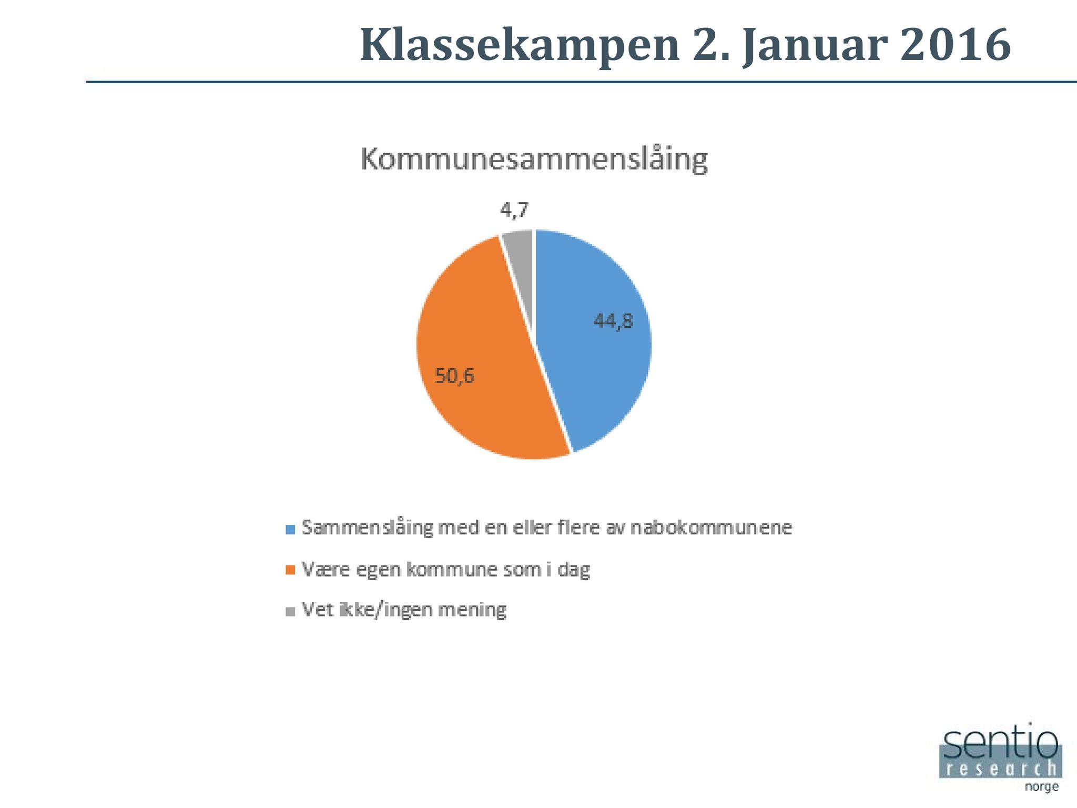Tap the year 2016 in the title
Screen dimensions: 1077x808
pyautogui.click(x=956, y=44)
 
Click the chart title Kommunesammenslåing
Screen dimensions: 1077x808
pyautogui.click(x=534, y=159)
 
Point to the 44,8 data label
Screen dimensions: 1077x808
pyautogui.click(x=613, y=321)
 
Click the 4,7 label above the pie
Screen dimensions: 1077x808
pyautogui.click(x=514, y=210)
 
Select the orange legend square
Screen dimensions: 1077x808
pyautogui.click(x=290, y=570)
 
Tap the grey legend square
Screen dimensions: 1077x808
pyautogui.click(x=290, y=611)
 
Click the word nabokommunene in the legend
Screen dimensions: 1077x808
pyautogui.click(x=711, y=527)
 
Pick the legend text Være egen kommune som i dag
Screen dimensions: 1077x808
pyautogui.click(x=446, y=570)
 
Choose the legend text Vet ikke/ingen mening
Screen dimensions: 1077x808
pyautogui.click(x=404, y=610)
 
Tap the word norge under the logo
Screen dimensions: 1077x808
pyautogui.click(x=1042, y=787)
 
